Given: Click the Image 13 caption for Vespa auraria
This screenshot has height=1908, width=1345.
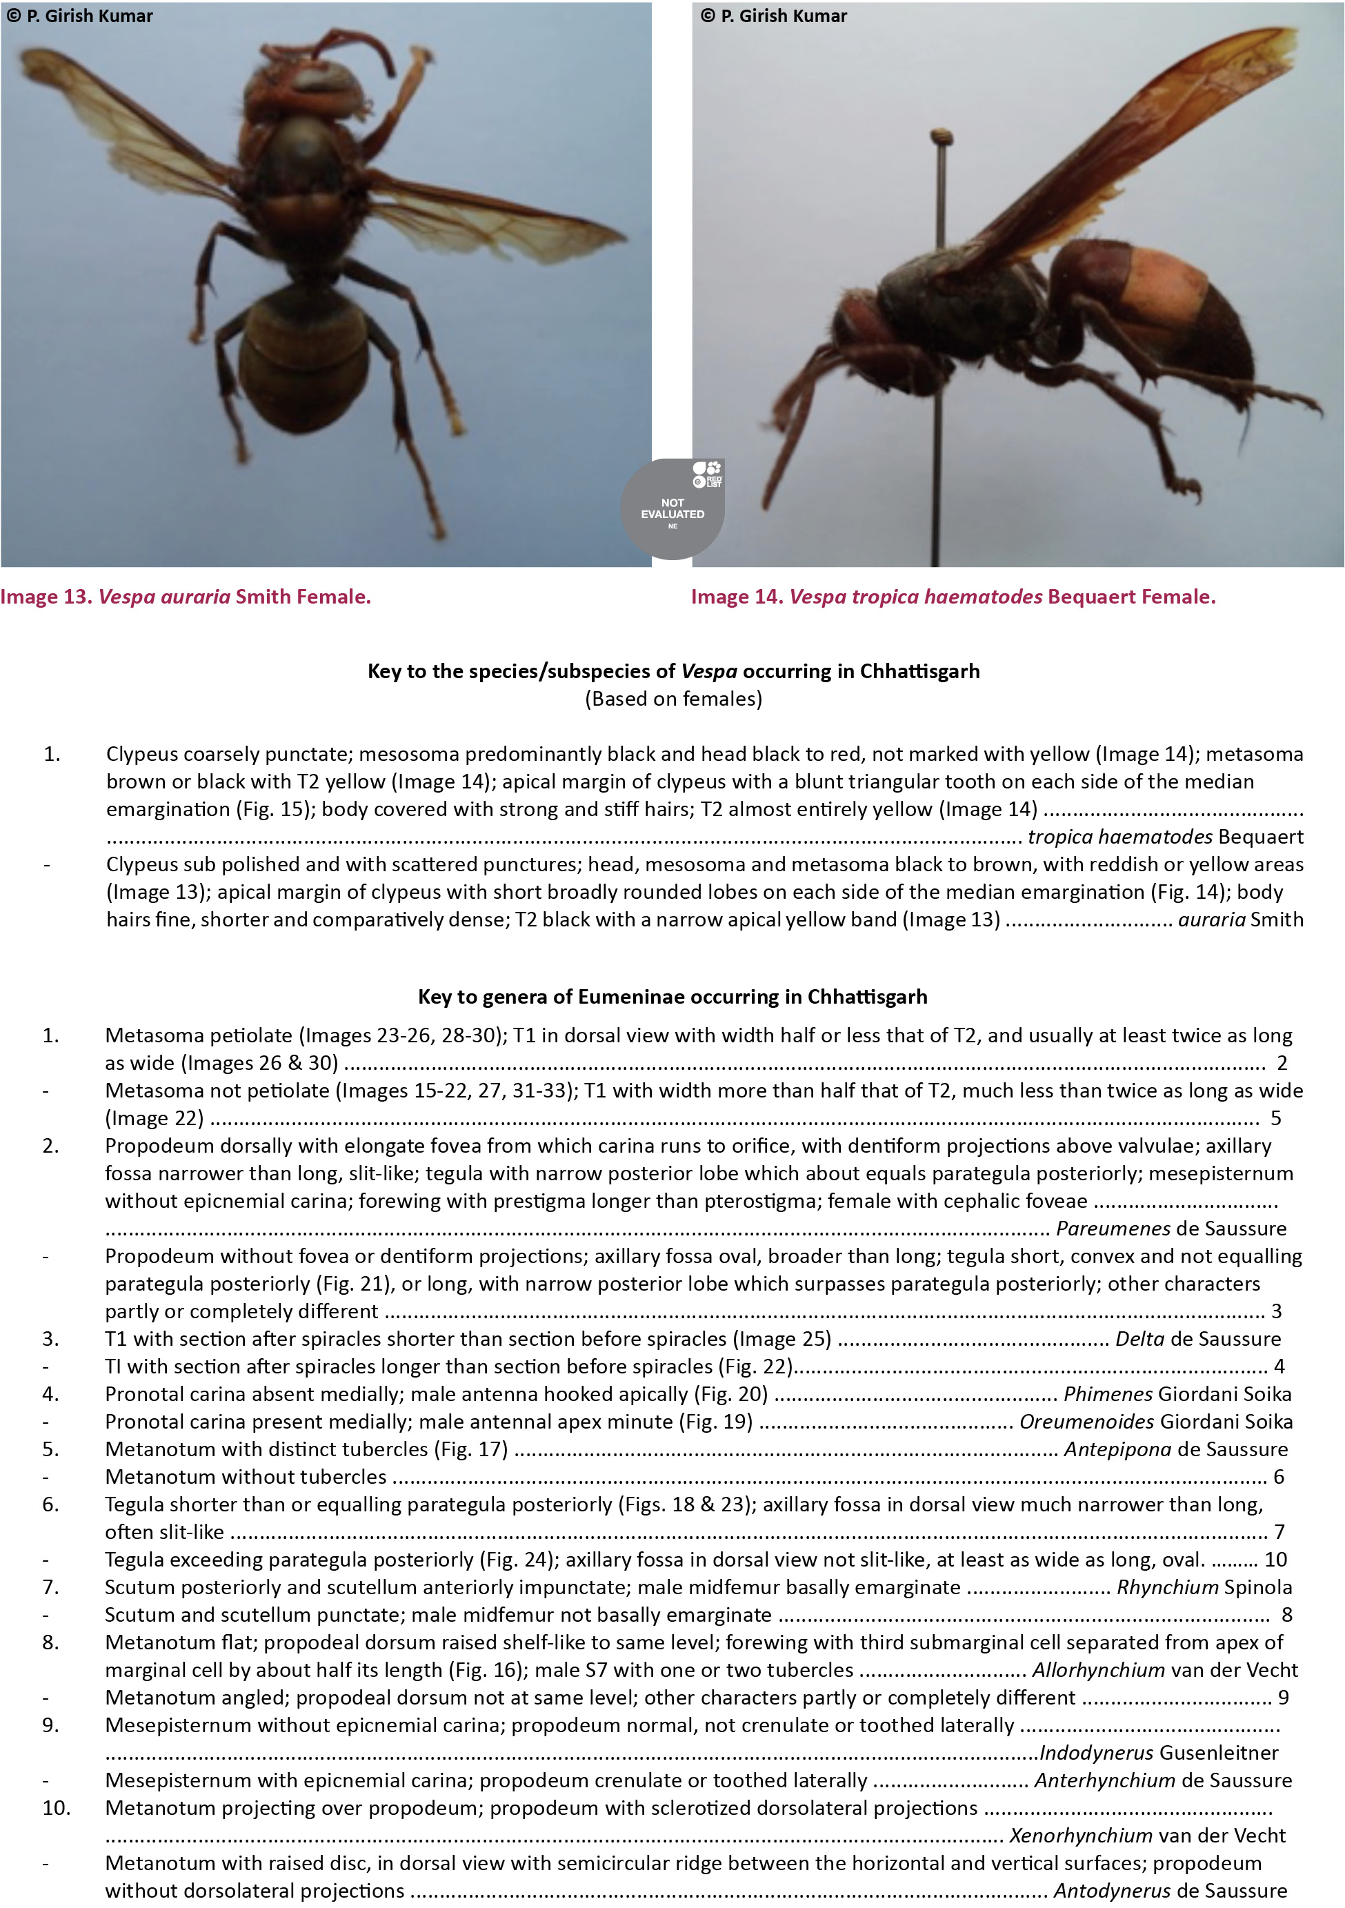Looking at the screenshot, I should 186,597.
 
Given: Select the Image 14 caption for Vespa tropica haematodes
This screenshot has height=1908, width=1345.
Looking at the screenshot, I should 953,597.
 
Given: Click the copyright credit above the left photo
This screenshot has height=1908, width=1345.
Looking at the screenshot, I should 80,16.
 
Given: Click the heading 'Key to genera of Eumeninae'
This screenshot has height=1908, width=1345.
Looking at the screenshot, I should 672,996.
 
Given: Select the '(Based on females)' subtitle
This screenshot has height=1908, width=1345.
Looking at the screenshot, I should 673,699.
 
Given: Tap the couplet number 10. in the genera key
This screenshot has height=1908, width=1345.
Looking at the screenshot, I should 57,1807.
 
